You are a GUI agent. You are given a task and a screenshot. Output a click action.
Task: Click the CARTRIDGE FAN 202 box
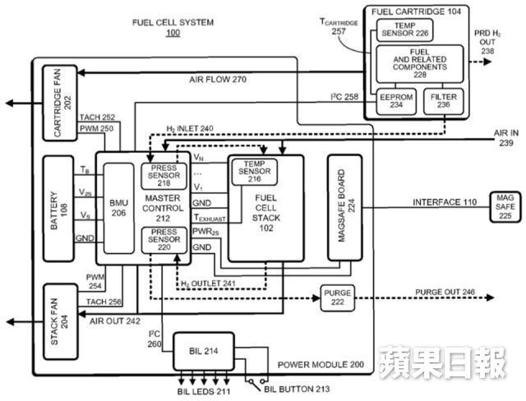pos(60,103)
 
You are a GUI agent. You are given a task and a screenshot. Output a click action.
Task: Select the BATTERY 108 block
pos(58,209)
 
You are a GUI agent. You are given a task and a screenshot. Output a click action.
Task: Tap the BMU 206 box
pos(118,208)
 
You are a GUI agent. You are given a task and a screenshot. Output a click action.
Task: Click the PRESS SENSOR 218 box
pos(164,176)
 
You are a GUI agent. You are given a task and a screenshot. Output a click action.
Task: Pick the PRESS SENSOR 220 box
pos(164,240)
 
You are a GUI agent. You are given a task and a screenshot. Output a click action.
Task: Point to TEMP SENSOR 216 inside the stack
pos(255,172)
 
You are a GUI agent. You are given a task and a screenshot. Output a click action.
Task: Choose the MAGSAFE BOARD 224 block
pos(345,208)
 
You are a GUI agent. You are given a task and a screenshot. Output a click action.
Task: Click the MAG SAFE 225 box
pos(505,207)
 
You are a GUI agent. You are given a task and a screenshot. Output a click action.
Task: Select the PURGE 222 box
pos(338,297)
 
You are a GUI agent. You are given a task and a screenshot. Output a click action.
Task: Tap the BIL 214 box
pos(204,351)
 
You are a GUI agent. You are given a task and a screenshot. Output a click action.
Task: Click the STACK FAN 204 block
pos(61,322)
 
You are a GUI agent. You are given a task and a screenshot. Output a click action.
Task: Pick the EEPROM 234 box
pos(396,101)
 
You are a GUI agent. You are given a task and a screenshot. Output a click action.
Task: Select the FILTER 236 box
pos(444,101)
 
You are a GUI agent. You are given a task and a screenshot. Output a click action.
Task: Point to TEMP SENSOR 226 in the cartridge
pos(404,30)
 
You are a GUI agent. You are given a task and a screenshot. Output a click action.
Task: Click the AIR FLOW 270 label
pos(218,80)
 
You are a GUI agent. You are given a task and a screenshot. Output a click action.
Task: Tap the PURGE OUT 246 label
pos(445,292)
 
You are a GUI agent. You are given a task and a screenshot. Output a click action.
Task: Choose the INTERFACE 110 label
pos(445,202)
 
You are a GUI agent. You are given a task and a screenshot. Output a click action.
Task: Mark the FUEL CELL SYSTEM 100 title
pos(173,27)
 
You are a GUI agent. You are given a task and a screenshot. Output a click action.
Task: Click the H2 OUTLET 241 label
pos(208,283)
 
